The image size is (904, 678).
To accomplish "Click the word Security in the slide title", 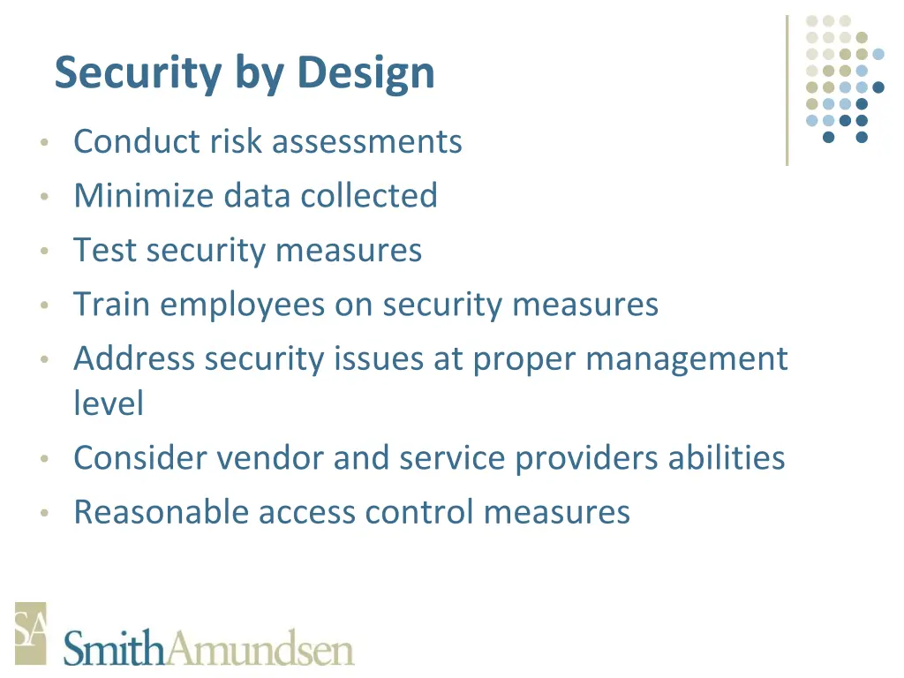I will (137, 72).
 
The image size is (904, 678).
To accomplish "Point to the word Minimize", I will (143, 195).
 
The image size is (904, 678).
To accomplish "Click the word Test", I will (105, 250).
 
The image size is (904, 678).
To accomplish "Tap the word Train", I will (111, 305).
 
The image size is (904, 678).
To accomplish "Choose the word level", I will (108, 403).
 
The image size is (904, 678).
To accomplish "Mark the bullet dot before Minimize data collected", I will (43, 197).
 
